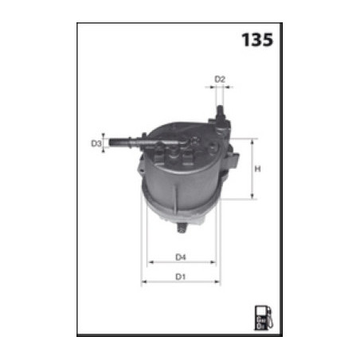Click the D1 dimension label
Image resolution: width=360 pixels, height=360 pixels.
click(181, 276)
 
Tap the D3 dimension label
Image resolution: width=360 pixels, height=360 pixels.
click(96, 144)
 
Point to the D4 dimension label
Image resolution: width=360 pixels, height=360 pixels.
click(181, 256)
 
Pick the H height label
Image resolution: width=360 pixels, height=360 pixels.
click(258, 169)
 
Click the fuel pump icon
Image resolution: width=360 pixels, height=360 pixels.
click(261, 316)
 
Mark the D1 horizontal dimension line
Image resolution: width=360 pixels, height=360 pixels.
click(182, 283)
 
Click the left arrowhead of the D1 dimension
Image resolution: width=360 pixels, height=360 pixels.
click(143, 283)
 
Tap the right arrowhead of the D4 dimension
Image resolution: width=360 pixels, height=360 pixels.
click(214, 263)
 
